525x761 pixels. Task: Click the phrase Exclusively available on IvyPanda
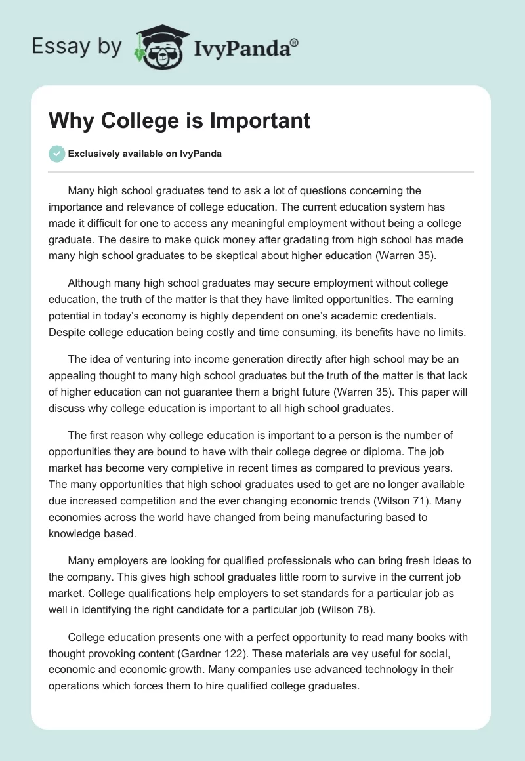(x=145, y=154)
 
